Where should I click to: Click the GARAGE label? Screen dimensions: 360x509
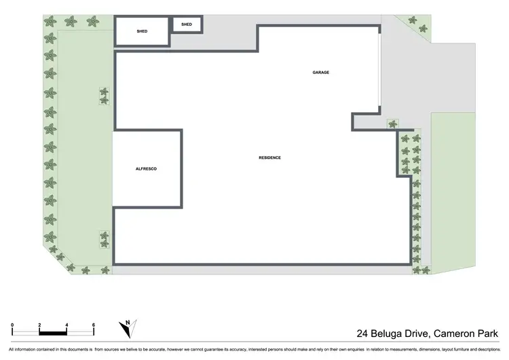tap(321, 72)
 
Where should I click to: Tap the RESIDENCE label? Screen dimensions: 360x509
tap(269, 158)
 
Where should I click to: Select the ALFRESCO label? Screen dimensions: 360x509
tap(146, 168)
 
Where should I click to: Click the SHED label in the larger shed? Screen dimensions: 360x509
tap(142, 31)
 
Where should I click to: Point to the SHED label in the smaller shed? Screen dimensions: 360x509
tap(187, 25)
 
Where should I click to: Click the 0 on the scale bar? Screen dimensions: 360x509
tap(14, 325)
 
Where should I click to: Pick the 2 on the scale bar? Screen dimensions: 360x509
tap(40, 325)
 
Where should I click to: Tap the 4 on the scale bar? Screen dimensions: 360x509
tap(67, 325)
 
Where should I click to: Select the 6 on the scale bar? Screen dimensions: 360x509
tap(93, 325)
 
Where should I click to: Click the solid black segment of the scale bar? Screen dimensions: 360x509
tap(53, 333)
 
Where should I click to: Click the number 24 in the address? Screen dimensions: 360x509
tap(364, 334)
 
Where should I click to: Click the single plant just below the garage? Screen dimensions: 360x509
tap(392, 124)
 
